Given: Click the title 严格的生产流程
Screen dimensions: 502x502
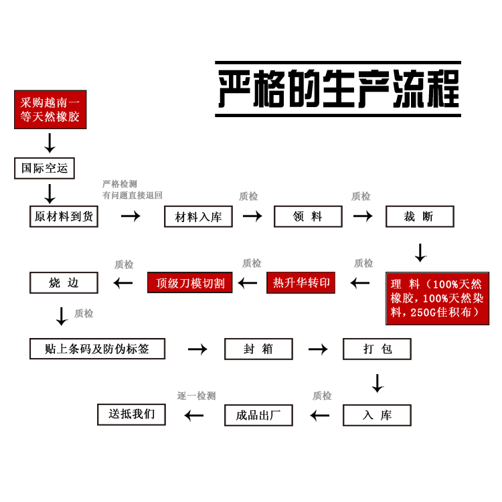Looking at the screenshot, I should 338,89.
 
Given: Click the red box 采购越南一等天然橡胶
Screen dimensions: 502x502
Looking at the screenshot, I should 50,110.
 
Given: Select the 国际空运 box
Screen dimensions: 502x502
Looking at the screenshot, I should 44,168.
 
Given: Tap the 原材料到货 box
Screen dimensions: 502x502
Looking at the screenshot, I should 64,216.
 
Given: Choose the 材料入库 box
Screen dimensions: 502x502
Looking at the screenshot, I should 198,216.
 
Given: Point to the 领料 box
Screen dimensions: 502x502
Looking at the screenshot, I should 308,216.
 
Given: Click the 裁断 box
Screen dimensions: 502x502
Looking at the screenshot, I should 420,216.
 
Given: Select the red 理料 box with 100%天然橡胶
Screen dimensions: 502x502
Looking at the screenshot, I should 437,299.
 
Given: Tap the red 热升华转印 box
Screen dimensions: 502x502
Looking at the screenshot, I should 301,282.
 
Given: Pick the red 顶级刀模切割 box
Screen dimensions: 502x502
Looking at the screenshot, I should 190,282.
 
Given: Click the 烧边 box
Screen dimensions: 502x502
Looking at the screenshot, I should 64,282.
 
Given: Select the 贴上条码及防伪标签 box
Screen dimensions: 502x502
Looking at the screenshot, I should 97,349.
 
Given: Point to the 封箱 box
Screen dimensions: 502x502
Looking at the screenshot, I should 258,349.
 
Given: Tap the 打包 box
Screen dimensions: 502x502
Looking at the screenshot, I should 377,349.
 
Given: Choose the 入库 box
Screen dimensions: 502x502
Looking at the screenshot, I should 377,415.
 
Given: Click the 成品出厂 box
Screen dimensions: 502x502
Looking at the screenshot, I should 258,415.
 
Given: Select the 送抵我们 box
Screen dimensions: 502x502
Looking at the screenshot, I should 131,414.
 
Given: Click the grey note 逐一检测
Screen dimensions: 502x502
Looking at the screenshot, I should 196,396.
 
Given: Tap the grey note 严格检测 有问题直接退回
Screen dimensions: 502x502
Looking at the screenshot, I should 132,189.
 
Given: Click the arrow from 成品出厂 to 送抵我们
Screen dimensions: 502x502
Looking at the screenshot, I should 194,416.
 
